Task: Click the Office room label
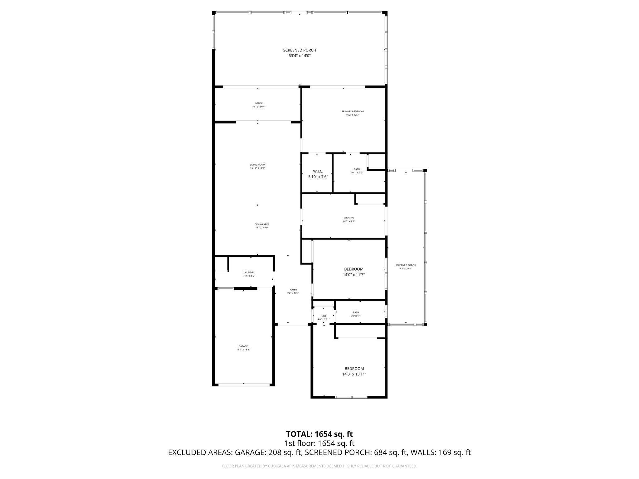pos(259,103)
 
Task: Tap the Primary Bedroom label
pos(353,111)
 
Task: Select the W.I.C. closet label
pos(318,171)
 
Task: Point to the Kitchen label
pos(349,218)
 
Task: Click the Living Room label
pos(257,165)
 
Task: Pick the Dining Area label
pos(262,224)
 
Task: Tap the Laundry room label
pos(249,272)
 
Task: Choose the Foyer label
pos(293,290)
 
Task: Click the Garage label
pos(243,346)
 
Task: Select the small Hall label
pos(323,316)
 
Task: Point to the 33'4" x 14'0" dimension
pos(300,56)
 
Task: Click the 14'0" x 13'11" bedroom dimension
pos(354,374)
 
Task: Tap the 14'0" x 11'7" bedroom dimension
pos(354,275)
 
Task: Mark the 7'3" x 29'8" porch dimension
pos(405,269)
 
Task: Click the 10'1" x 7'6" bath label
pos(357,172)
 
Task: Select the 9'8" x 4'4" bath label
pos(356,316)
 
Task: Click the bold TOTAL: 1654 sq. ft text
pos(319,434)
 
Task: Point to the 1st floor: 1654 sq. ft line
pos(319,443)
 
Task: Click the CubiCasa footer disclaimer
pos(319,466)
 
